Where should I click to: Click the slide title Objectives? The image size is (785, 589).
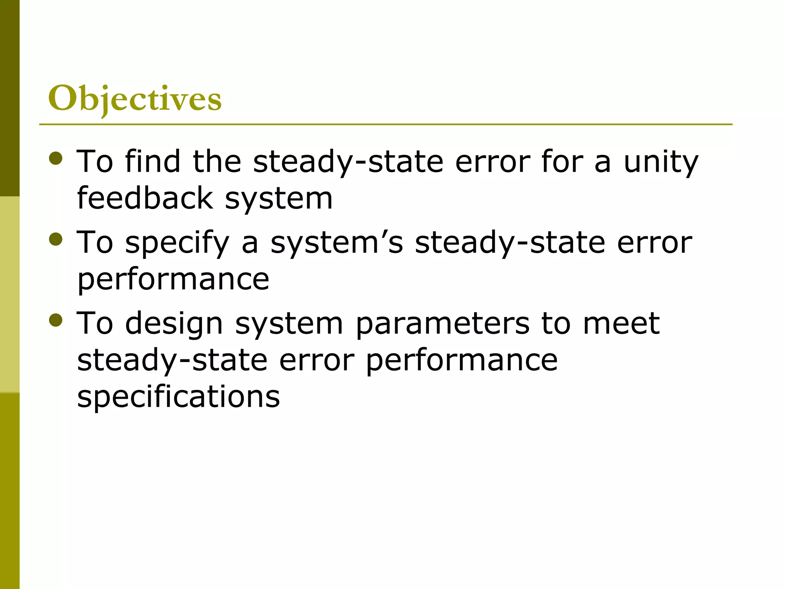tap(135, 99)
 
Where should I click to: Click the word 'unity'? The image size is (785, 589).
tap(661, 162)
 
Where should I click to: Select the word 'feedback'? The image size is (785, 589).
tap(145, 198)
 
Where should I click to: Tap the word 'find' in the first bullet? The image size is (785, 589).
tap(153, 161)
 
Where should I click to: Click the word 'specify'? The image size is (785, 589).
tap(177, 243)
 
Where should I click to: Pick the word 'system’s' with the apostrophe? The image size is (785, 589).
tap(337, 243)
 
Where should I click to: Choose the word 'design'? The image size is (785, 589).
tap(174, 324)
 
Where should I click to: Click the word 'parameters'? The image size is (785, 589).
tap(442, 324)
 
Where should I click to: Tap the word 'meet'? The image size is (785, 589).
tap(621, 324)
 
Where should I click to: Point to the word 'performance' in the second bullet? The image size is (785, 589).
tap(173, 280)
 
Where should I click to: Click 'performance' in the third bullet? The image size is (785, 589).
tap(461, 361)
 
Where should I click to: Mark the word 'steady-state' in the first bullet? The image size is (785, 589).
tap(348, 162)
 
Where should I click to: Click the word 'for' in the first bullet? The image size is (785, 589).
tap(562, 161)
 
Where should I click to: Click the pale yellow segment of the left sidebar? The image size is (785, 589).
tap(10, 294)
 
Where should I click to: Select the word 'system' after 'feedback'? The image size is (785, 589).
tap(279, 199)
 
